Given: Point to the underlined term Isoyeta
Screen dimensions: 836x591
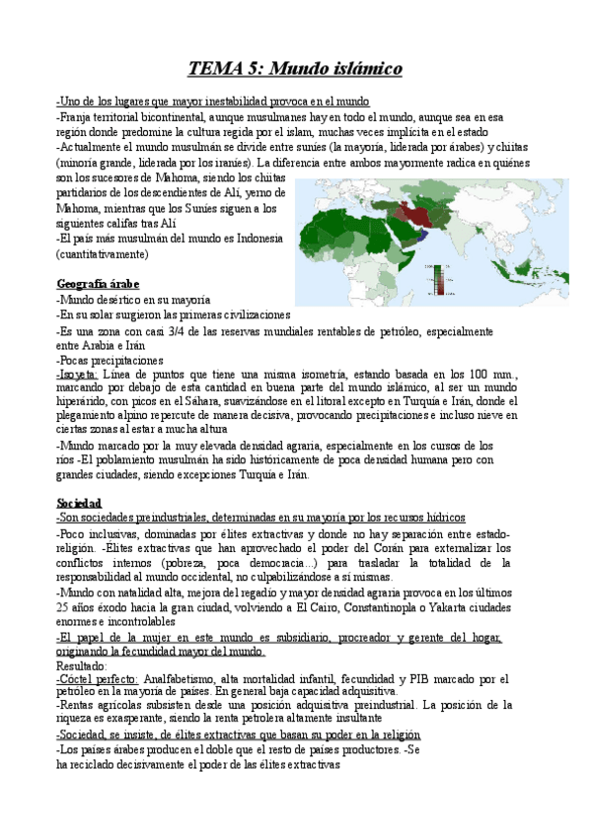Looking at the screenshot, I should pyautogui.click(x=78, y=376).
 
